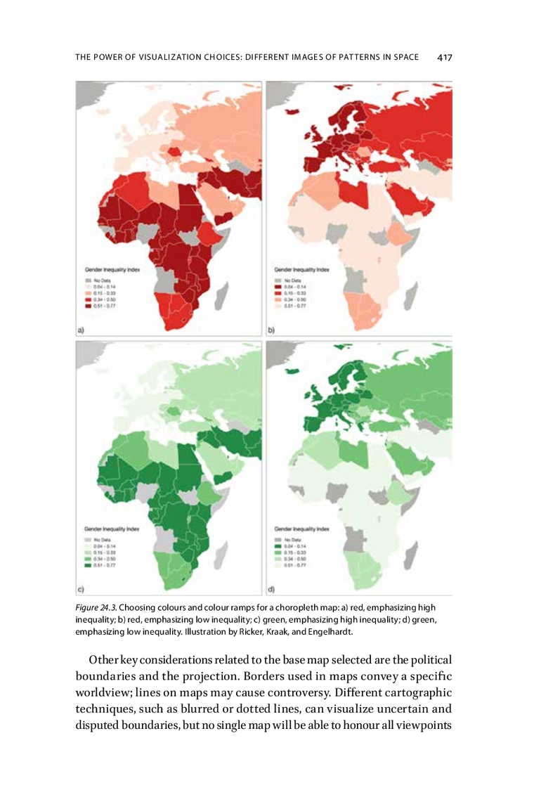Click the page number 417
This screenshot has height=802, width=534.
pyautogui.click(x=444, y=58)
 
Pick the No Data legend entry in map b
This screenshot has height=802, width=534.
pyautogui.click(x=290, y=280)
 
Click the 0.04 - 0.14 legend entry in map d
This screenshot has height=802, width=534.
pyautogui.click(x=290, y=544)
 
